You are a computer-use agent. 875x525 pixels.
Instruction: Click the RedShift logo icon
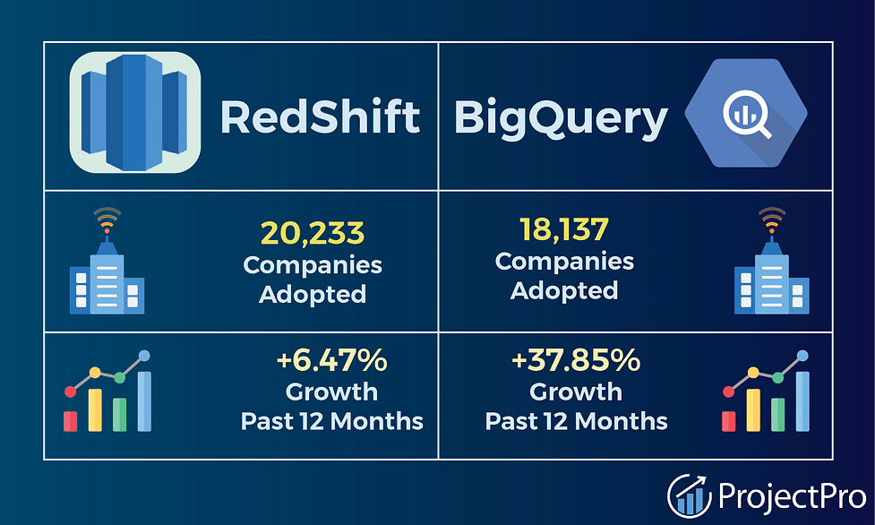[135, 112]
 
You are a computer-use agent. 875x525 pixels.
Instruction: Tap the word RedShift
[320, 116]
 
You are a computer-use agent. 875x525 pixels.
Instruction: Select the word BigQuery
[561, 119]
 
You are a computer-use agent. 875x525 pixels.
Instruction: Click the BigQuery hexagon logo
[746, 113]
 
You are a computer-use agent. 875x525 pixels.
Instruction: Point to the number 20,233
[313, 233]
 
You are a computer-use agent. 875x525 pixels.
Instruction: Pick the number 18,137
[564, 229]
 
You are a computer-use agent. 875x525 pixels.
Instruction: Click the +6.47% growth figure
[332, 360]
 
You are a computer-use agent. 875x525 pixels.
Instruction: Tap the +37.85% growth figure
[576, 360]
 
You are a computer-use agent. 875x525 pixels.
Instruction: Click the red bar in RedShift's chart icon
[71, 421]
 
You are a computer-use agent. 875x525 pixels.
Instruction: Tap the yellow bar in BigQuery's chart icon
[753, 410]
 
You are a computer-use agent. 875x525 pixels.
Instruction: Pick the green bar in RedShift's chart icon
[119, 415]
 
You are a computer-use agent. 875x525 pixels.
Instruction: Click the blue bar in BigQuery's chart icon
[802, 401]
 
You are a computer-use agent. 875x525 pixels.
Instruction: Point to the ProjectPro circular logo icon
[690, 496]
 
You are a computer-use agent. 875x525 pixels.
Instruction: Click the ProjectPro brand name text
[792, 496]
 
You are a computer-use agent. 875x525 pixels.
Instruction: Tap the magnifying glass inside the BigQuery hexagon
[747, 115]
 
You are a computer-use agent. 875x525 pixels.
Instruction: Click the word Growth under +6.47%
[332, 392]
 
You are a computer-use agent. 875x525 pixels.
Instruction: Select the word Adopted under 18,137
[564, 290]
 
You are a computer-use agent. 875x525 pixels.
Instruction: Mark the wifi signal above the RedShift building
[107, 219]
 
